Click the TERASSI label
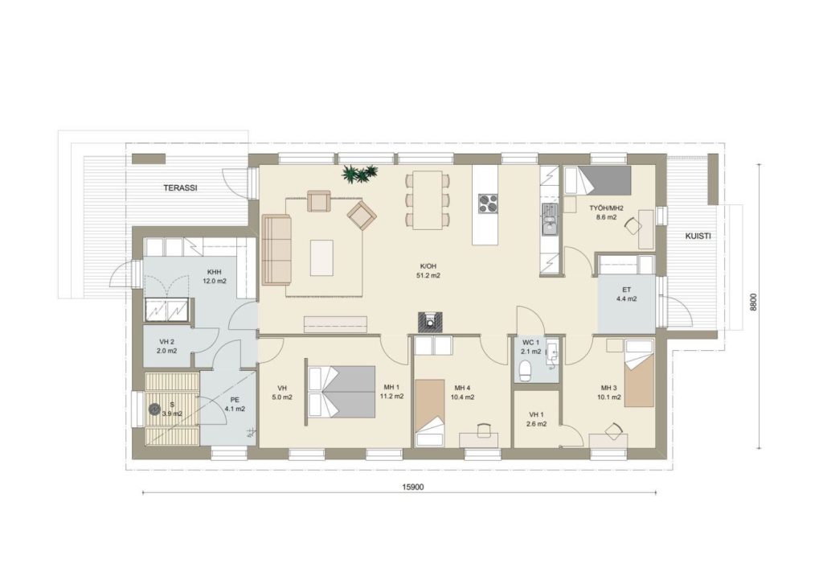coord(180,187)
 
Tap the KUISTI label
coord(698,236)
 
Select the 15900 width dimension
coord(412,487)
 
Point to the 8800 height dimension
coord(753,303)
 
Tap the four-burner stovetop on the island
coord(488,204)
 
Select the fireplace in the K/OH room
coord(431,322)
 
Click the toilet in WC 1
coord(525,370)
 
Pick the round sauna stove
coord(154,409)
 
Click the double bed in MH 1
coord(341,392)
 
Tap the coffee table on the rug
coord(321,257)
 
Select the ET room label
coord(627,290)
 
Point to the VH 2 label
coord(166,342)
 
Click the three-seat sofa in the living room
coord(277,250)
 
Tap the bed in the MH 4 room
coord(430,413)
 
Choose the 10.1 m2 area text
coord(608,397)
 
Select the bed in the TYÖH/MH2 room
coord(597,181)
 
